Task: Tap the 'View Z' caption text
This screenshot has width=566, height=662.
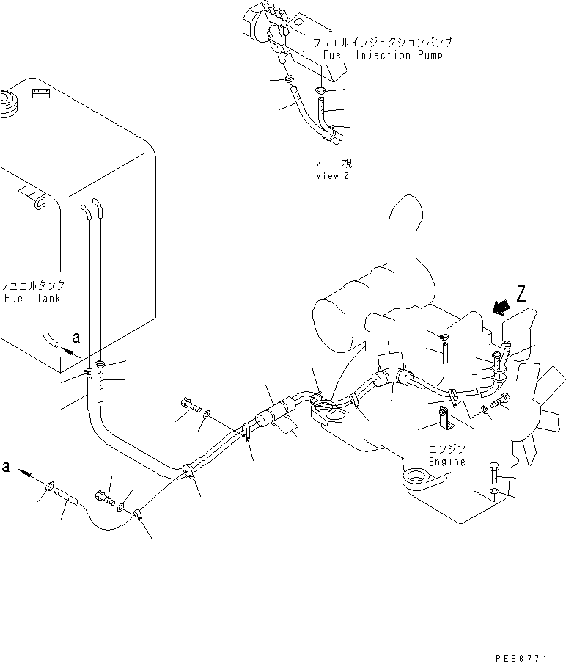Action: tap(333, 176)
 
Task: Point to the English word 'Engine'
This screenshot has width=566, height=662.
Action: tap(447, 462)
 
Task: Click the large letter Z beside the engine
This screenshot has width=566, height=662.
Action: tap(521, 296)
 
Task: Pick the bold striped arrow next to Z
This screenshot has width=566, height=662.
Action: tap(502, 308)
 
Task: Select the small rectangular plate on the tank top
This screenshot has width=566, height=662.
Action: tap(40, 93)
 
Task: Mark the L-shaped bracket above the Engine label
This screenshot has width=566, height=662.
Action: tap(444, 421)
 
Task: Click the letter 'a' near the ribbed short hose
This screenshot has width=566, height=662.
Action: tap(7, 467)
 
